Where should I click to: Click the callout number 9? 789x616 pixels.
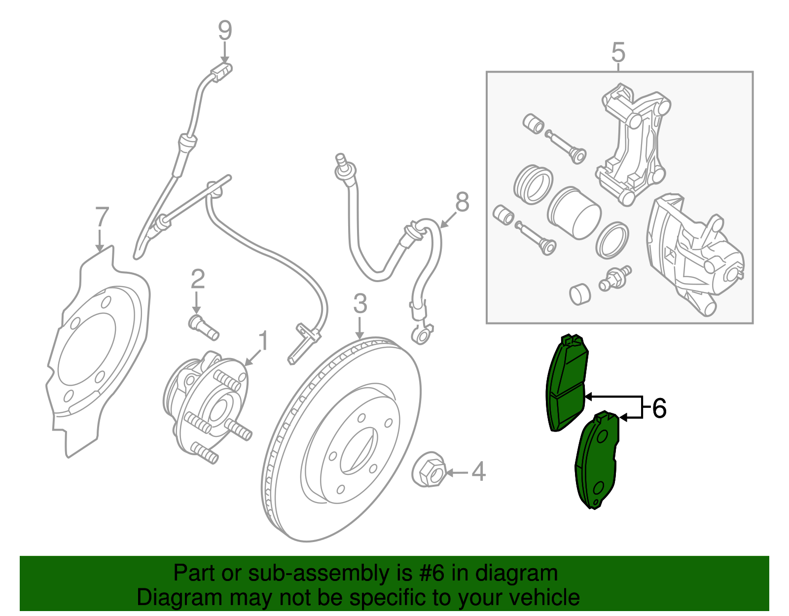pos(225,31)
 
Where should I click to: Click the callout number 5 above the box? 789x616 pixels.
pos(618,52)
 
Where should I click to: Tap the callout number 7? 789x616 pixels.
pos(101,217)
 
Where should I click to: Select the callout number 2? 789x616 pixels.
pos(197,280)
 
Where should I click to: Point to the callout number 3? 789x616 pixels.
pos(360,304)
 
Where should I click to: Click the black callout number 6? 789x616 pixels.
pos(659,409)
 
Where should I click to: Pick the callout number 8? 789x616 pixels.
pos(462,202)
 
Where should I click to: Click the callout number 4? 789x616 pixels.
pos(478,472)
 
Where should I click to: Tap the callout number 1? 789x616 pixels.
pos(264,341)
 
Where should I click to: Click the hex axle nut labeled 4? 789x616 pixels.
pos(428,471)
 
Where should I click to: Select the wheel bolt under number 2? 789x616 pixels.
pos(203,328)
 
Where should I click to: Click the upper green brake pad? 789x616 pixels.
pos(567,385)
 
